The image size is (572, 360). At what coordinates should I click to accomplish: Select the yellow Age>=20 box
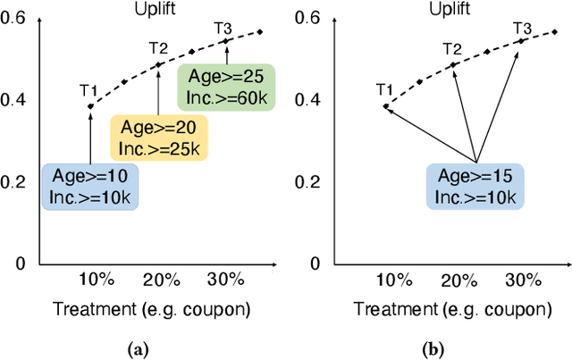tap(158, 136)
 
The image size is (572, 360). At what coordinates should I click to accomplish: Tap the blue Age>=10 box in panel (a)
tap(90, 185)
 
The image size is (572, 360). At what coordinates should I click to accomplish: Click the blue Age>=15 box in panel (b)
tap(475, 185)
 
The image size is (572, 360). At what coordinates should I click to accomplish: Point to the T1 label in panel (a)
tap(88, 89)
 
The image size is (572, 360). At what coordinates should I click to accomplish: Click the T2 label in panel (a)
tap(158, 47)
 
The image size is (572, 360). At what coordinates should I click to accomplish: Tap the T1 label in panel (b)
tap(384, 88)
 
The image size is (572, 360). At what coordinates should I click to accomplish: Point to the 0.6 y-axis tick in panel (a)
tap(19, 18)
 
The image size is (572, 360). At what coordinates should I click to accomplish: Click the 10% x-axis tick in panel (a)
tap(96, 279)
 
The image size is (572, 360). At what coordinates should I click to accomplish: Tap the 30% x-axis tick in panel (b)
tap(523, 279)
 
